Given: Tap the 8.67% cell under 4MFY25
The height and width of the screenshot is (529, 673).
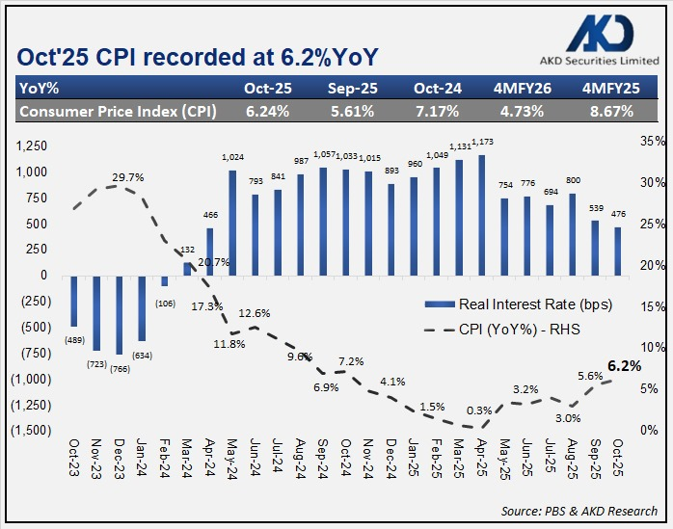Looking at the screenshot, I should point(608,111).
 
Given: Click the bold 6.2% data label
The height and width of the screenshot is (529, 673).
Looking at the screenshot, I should point(624,366).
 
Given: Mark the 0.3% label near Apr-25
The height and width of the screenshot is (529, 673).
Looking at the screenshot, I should point(478,411).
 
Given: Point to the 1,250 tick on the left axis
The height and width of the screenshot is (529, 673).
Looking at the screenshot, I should point(32,145).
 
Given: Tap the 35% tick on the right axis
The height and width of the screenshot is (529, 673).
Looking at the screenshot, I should point(653,142).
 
